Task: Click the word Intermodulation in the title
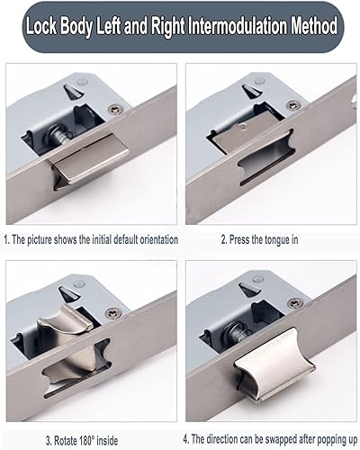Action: pos(238,26)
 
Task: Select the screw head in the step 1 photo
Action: pos(115,109)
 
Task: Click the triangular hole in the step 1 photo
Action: pos(72,91)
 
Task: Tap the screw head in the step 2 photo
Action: pos(292,105)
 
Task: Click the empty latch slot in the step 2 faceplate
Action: pos(265,157)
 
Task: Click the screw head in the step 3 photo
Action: pos(112,313)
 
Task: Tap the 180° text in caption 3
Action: pos(87,441)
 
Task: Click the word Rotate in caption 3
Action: pos(66,441)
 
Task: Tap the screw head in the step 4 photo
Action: pos(293,303)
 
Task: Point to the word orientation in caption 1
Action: pos(158,239)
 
